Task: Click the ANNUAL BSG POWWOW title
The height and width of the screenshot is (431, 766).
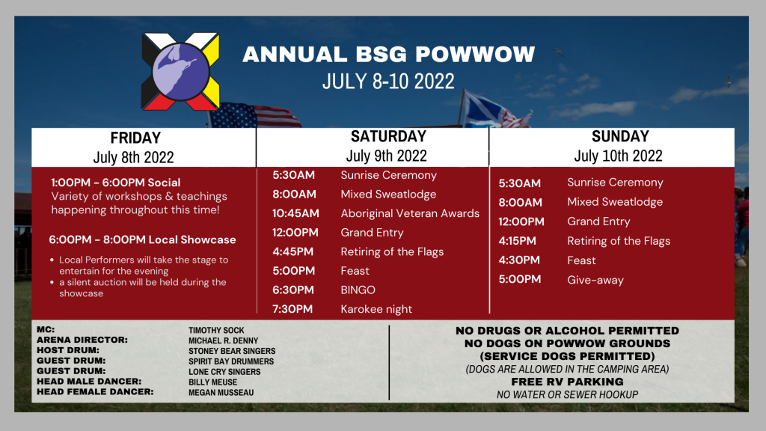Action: tap(388, 54)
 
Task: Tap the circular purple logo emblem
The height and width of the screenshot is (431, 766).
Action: tap(181, 71)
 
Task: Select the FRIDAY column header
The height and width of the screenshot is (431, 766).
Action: tap(135, 138)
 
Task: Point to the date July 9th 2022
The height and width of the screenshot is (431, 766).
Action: tap(387, 156)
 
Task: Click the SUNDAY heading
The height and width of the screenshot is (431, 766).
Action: tap(620, 136)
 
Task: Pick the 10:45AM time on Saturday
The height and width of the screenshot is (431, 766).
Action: tap(295, 213)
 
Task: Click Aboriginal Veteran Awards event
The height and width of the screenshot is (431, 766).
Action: tap(410, 213)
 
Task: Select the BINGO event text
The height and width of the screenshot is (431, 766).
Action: tap(358, 290)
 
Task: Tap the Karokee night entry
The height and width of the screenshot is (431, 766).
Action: tap(376, 309)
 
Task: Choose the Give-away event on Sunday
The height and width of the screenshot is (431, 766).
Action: tap(595, 280)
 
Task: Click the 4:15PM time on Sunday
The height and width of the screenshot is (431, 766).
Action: tap(517, 241)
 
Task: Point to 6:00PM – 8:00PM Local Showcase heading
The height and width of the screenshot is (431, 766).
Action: tap(142, 240)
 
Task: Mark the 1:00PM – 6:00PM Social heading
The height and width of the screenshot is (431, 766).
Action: tap(116, 183)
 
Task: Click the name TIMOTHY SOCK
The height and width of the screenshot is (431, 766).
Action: tap(216, 330)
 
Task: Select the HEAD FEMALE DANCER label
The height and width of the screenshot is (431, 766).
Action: tap(95, 392)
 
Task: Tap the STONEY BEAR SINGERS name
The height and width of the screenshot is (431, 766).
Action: tap(232, 351)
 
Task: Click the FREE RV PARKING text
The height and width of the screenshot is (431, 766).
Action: tap(567, 382)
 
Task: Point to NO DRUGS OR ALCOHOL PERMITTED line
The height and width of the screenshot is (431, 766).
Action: tap(567, 331)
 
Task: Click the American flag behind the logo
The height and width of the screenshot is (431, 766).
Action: tap(254, 115)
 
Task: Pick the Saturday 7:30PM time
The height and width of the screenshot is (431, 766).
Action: tap(292, 309)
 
